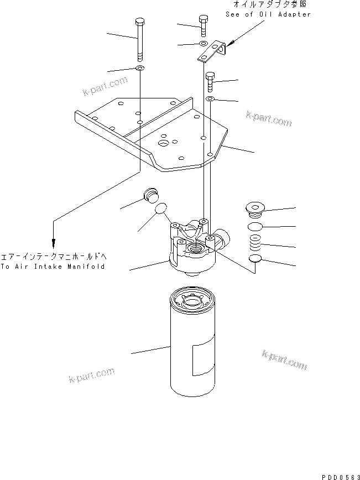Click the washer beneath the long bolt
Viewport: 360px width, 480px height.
point(139,69)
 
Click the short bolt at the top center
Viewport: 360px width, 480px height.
point(203,25)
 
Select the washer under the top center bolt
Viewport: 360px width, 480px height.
point(203,43)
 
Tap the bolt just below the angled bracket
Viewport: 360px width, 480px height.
point(211,82)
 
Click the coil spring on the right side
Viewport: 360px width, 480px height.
point(255,242)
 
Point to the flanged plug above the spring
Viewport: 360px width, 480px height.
point(255,209)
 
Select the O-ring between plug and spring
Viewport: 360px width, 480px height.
point(255,227)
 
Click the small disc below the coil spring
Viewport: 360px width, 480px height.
point(255,260)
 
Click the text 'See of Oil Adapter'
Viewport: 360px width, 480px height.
point(268,14)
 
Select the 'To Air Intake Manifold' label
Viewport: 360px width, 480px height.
point(53,267)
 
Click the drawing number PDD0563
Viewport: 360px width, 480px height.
point(337,475)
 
